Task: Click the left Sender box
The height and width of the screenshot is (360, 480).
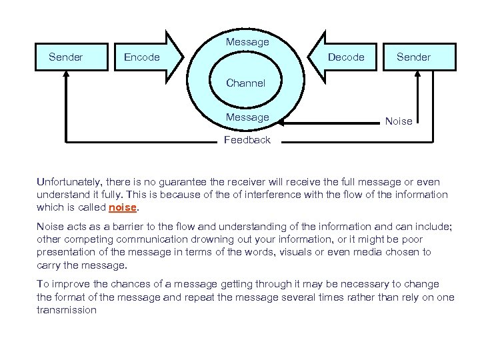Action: pos(66,57)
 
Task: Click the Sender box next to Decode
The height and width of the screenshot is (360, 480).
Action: pos(413,57)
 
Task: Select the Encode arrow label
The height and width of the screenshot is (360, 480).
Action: pos(142,57)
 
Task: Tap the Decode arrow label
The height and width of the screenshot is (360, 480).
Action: pos(346,57)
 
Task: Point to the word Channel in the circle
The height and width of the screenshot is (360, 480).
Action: pos(245,83)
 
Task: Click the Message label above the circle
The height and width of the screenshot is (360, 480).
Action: pos(247,42)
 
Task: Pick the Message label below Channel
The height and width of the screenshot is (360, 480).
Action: pos(247,117)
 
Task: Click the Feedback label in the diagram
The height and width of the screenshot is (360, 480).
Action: pos(247,140)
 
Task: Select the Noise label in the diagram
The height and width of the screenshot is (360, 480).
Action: pos(399,121)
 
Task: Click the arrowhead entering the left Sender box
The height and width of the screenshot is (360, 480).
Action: pos(66,75)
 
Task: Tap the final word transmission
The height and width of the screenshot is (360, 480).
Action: pos(67,310)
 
